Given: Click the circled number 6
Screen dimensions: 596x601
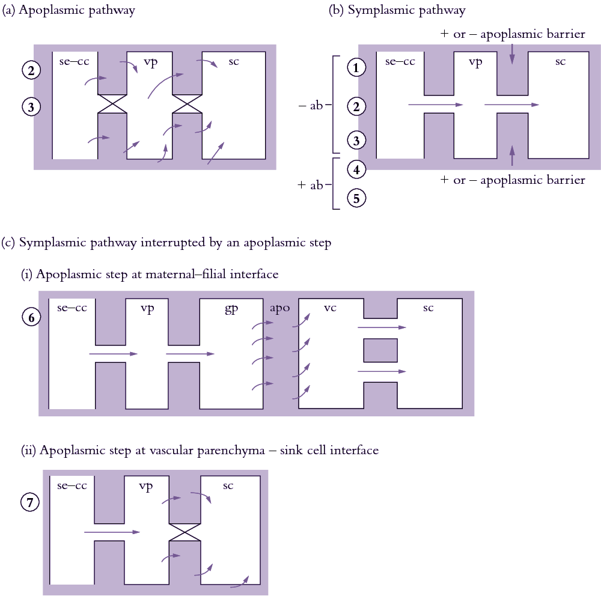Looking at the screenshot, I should pos(31,317).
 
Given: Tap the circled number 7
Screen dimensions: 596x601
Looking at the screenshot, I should pos(31,502).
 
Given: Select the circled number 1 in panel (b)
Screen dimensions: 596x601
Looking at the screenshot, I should pos(356,68).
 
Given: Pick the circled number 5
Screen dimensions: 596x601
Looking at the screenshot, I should pos(356,198).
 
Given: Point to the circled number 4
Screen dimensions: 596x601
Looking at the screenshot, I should pos(356,169).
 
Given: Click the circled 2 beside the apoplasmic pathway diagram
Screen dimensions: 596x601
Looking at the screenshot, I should pos(31,70).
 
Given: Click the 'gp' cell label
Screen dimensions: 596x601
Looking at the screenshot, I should pos(231,308).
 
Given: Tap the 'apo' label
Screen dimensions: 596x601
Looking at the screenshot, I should pos(279,308).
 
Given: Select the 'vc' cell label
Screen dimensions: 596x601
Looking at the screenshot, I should pos(330,308).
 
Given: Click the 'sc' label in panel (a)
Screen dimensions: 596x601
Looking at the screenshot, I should pos(234,61).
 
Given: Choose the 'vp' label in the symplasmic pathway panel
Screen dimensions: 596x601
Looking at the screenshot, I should pos(475,61).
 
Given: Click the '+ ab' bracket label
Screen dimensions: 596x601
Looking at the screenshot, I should pos(311,186).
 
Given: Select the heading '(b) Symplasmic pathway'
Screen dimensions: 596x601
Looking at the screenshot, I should pos(397,10).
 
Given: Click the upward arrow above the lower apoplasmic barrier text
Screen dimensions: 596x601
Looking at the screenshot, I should pos(512,155).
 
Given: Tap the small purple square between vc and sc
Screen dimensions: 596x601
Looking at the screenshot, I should pos(380,350).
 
